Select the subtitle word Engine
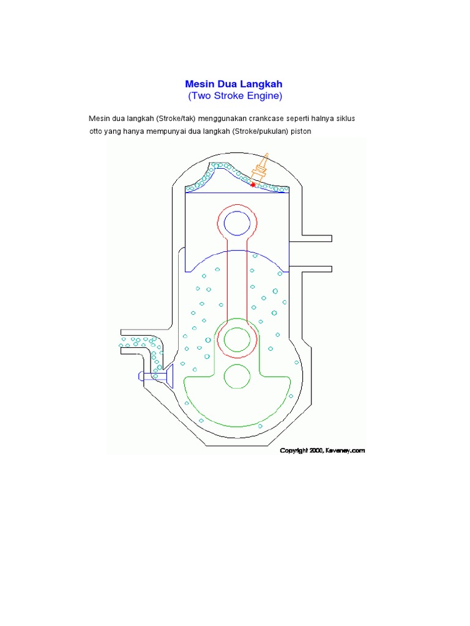(x=264, y=96)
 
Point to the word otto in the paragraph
(x=96, y=131)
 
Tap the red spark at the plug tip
(x=253, y=184)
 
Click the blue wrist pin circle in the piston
(x=236, y=223)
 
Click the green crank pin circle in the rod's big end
(x=236, y=339)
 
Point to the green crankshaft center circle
(x=236, y=376)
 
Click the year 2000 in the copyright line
(x=316, y=451)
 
